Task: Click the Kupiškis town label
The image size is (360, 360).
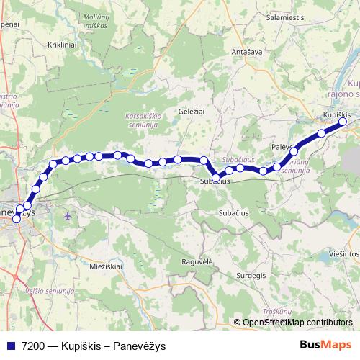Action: pyautogui.click(x=336, y=115)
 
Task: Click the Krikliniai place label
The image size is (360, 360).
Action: pyautogui.click(x=46, y=45)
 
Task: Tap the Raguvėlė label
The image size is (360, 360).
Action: pyautogui.click(x=198, y=261)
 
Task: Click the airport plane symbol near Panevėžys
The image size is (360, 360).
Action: pyautogui.click(x=68, y=215)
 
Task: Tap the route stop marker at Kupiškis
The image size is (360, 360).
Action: pyautogui.click(x=343, y=122)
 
